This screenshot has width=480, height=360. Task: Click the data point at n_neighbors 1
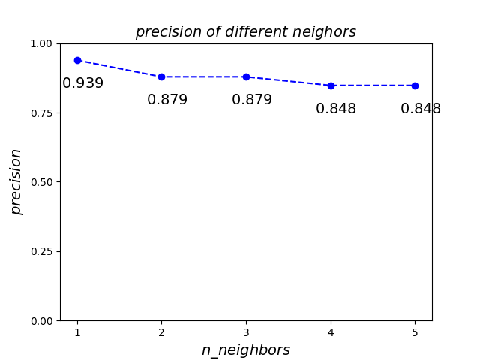(77, 60)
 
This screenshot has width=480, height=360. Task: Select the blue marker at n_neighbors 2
(161, 76)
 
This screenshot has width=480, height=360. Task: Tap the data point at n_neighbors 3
(246, 76)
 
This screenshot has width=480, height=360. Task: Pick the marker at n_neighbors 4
(331, 85)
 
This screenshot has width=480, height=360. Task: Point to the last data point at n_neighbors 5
(415, 85)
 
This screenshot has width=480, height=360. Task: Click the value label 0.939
(82, 83)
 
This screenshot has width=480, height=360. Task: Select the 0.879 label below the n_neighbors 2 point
(167, 100)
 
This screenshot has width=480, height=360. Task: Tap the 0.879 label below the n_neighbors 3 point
(252, 100)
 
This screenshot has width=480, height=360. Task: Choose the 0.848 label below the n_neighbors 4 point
(336, 109)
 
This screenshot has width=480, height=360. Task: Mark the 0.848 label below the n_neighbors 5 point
(421, 109)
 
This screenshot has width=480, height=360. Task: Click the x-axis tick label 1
(77, 332)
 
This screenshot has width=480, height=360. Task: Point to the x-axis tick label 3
(246, 332)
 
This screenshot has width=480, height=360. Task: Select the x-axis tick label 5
(415, 332)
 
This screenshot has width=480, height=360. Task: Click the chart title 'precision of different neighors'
(245, 32)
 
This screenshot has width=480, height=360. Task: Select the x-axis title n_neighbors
(245, 350)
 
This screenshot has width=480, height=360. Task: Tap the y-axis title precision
(16, 181)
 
